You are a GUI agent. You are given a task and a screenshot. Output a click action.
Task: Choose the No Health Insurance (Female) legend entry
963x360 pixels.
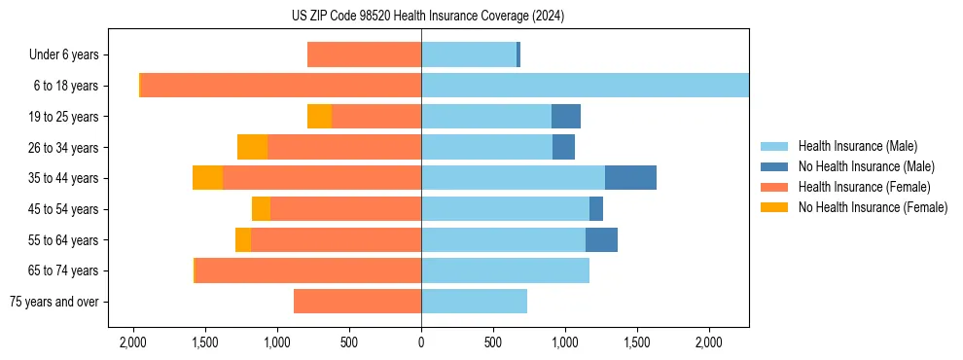tap(873, 207)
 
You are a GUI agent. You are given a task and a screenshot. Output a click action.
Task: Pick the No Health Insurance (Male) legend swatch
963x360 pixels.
tap(775, 166)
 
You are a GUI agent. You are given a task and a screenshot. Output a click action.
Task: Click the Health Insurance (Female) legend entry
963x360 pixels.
tap(864, 187)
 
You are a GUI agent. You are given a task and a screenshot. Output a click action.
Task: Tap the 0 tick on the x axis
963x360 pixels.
tap(421, 343)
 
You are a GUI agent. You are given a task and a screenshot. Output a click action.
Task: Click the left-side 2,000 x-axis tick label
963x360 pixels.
tap(133, 343)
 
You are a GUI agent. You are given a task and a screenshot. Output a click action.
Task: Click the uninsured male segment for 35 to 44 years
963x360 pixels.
tap(630, 178)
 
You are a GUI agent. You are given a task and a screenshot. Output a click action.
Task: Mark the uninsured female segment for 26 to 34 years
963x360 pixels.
tap(252, 147)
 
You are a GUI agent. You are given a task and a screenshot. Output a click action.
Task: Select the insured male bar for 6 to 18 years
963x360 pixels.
tap(584, 86)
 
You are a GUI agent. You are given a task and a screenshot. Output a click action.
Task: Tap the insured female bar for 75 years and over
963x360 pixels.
tap(357, 302)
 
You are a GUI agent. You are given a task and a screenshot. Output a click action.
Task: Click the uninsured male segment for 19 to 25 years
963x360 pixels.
tap(566, 117)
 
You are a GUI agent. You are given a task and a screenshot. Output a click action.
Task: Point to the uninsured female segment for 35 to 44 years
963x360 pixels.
tap(207, 178)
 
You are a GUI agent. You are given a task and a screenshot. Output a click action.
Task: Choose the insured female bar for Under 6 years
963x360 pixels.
tap(364, 55)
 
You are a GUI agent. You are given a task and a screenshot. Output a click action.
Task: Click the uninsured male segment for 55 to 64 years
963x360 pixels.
tap(601, 239)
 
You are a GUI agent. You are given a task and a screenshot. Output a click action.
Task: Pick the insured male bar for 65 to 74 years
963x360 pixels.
tap(505, 270)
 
